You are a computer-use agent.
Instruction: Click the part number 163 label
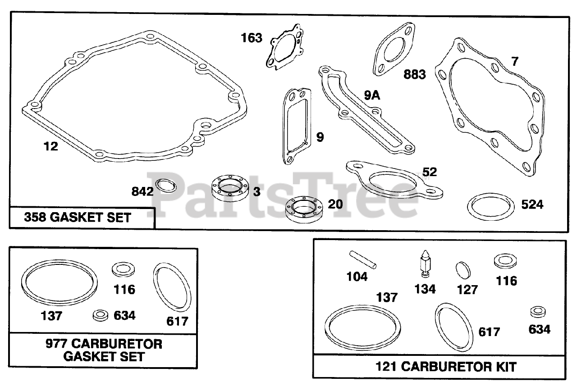[252, 38]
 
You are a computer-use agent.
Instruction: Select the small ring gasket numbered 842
[165, 185]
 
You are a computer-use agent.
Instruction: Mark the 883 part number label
[414, 74]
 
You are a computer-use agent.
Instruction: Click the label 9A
[372, 95]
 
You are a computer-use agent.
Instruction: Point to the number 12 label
[51, 146]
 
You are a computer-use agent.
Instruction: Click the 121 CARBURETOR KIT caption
[446, 366]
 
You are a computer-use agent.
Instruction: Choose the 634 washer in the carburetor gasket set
[101, 315]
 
